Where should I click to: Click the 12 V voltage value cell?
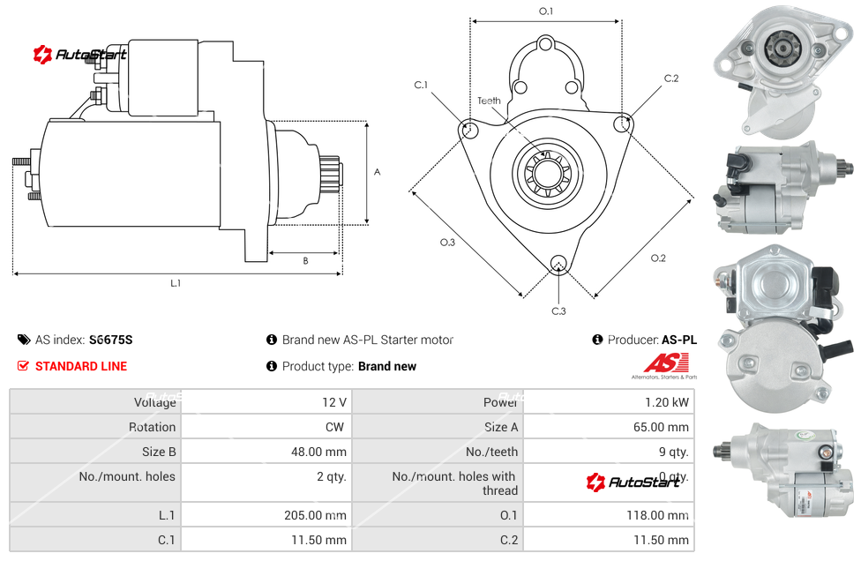click(333, 402)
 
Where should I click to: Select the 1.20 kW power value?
click(670, 402)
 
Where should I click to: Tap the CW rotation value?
click(336, 427)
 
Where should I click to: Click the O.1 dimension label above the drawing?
click(546, 11)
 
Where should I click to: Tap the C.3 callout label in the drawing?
click(558, 310)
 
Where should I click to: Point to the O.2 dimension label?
click(658, 258)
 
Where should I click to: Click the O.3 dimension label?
click(447, 243)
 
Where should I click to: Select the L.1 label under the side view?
click(176, 283)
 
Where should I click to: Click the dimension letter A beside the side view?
click(378, 172)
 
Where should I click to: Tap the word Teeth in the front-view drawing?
click(489, 101)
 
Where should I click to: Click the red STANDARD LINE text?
click(80, 366)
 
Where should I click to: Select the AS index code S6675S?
click(110, 340)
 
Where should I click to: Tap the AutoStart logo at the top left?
click(80, 55)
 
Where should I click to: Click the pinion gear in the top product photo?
click(781, 47)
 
